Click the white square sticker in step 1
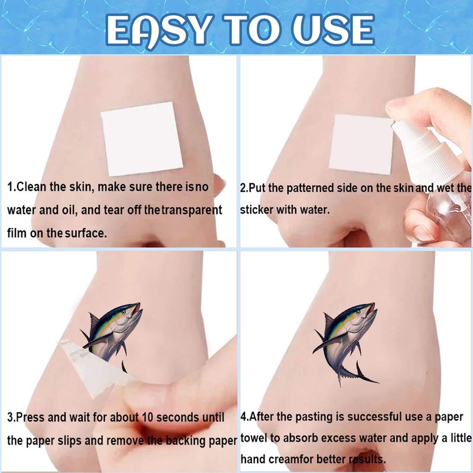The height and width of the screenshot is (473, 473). click(142, 139)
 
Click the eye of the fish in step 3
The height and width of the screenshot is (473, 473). click(124, 312)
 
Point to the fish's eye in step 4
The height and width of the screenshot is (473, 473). click(358, 312)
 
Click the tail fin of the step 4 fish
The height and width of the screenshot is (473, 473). click(362, 374)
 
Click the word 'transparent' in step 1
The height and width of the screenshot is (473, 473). click(192, 210)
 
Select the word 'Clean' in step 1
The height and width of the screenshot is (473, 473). click(32, 187)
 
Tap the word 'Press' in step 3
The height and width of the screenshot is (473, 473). click(30, 417)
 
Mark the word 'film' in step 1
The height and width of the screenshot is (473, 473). click(17, 233)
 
